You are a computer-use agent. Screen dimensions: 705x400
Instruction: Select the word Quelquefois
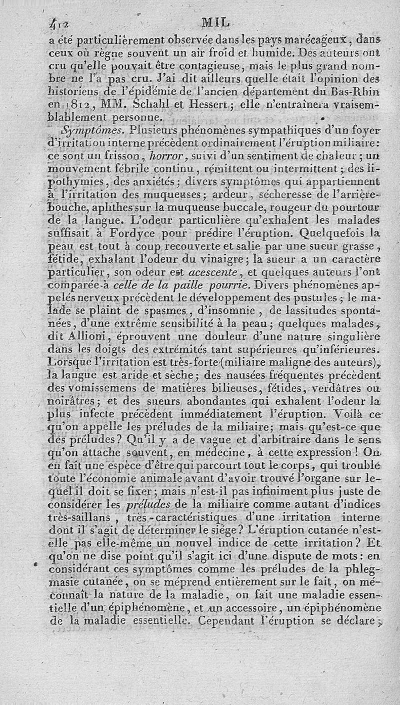click(x=352, y=233)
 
